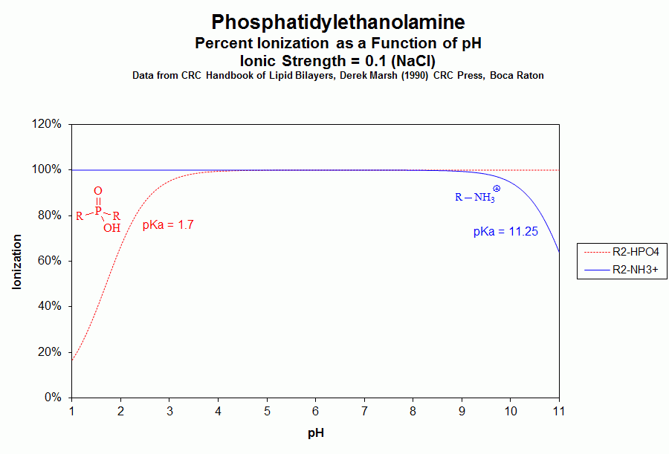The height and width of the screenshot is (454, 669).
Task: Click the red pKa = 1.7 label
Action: pos(168,224)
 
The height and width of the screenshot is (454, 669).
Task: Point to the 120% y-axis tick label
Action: pos(48,124)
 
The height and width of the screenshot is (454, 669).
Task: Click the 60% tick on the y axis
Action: pos(51,261)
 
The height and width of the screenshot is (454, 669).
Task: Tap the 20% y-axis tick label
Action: pos(51,352)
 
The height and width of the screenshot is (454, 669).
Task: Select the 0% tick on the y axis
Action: pos(54,398)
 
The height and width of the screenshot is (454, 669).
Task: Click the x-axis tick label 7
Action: pos(364,411)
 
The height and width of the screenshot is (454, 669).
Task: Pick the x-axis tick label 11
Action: pos(559,411)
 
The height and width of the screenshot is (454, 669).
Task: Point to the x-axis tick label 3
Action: pos(169,411)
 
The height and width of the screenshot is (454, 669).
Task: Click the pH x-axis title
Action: pos(315,432)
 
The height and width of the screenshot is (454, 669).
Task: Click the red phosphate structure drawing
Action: pos(99,210)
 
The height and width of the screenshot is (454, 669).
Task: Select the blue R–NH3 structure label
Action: pos(476,197)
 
